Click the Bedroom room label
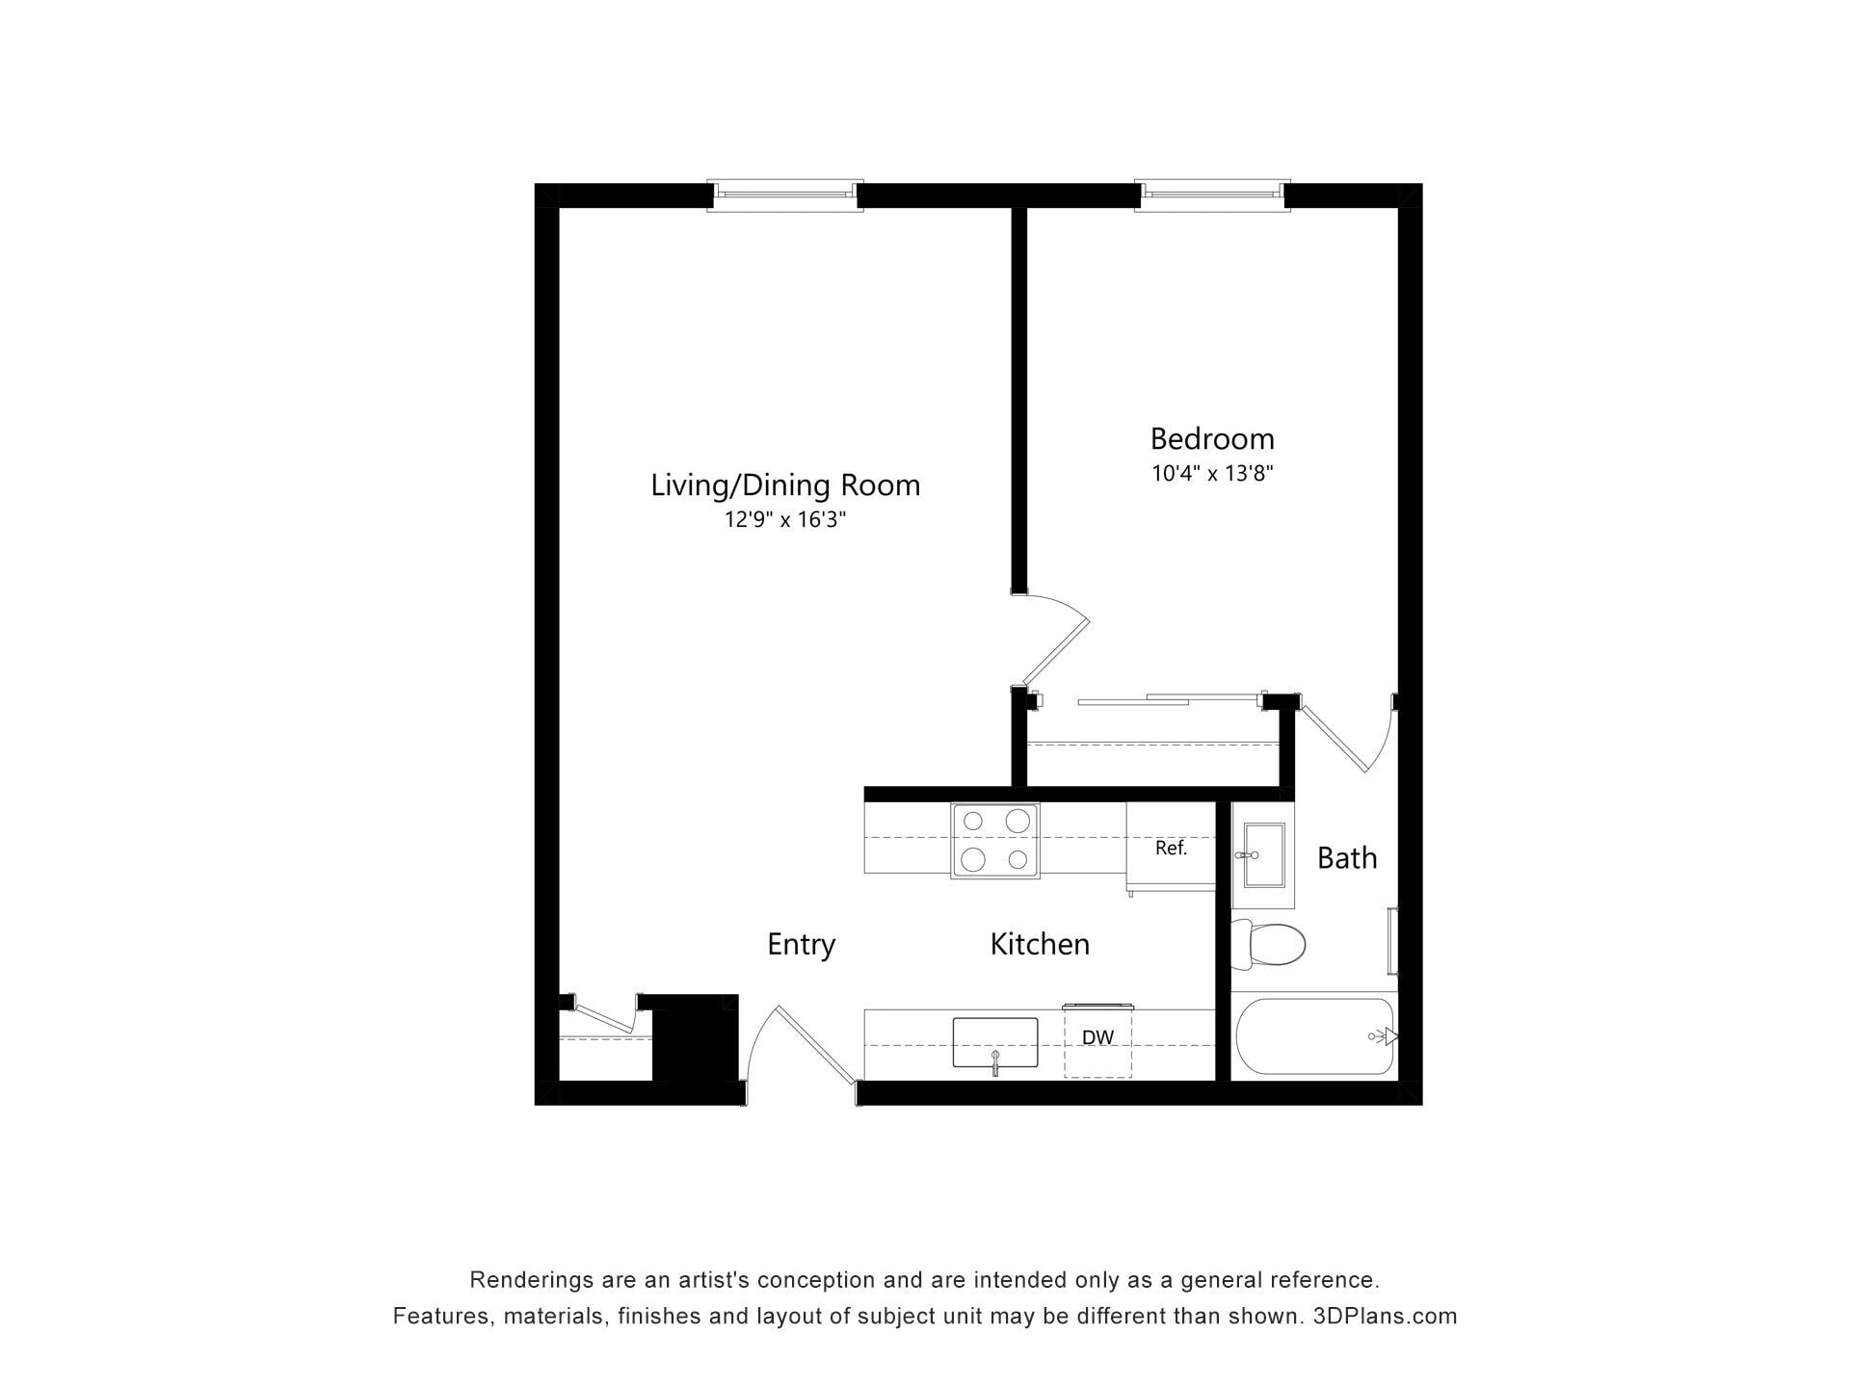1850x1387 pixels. click(1212, 439)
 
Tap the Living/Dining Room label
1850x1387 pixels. click(785, 485)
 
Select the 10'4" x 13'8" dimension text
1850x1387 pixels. click(1212, 474)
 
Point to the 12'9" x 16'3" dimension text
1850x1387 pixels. click(785, 520)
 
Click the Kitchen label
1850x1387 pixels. click(1040, 944)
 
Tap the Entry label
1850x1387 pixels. click(801, 945)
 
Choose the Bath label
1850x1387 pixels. click(1347, 858)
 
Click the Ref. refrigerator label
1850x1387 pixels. click(1171, 849)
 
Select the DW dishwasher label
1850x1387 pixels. click(1097, 1037)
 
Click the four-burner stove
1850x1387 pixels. click(995, 841)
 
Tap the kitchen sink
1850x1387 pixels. click(995, 1043)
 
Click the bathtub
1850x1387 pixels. click(1316, 1036)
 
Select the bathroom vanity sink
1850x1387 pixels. click(1262, 854)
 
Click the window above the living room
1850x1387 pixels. click(784, 196)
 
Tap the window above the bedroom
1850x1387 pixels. click(1212, 196)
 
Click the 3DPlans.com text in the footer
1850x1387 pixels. click(1385, 1316)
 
